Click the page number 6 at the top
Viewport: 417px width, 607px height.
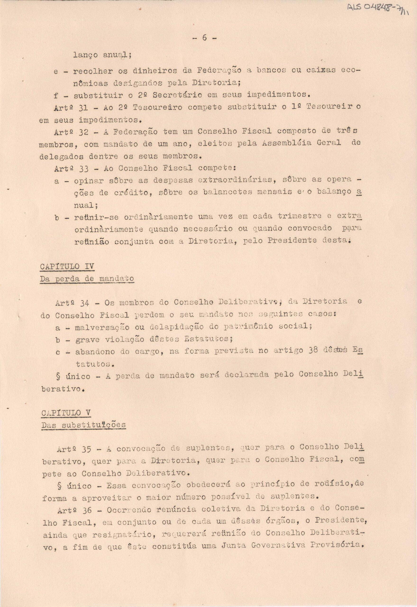pyautogui.click(x=204, y=38)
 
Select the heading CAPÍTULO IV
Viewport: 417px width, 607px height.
pyautogui.click(x=67, y=267)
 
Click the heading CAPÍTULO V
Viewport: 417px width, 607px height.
pyautogui.click(x=66, y=413)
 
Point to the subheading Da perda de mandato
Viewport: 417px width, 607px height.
pyautogui.click(x=87, y=279)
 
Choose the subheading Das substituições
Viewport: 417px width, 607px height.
pyautogui.click(x=83, y=425)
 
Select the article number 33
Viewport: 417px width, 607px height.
pyautogui.click(x=84, y=169)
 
